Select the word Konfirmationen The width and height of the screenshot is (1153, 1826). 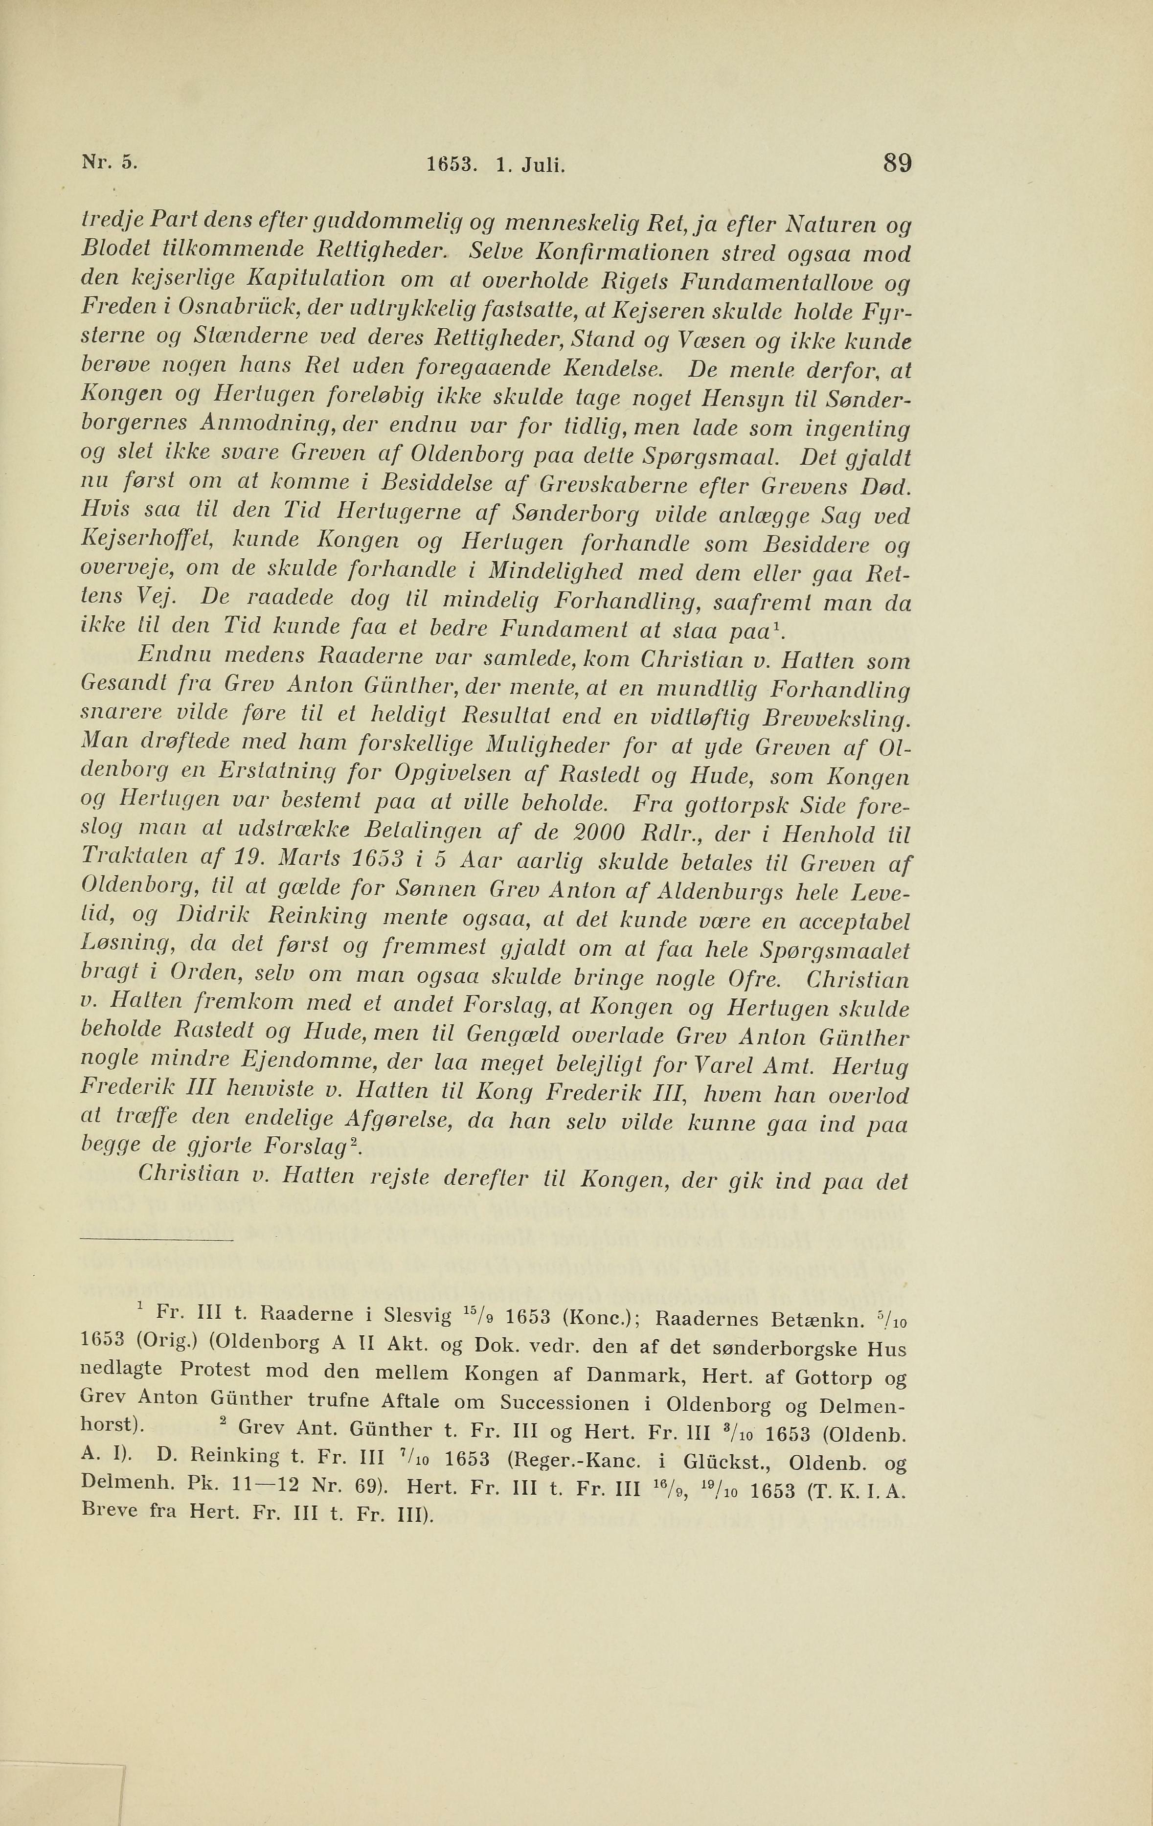(588, 253)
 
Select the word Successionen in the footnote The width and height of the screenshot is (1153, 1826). (565, 1401)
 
